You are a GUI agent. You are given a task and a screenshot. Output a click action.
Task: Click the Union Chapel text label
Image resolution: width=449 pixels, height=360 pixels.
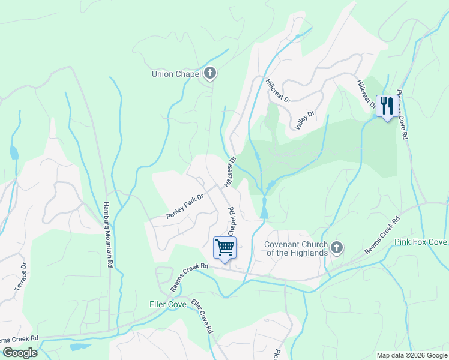pos(176,74)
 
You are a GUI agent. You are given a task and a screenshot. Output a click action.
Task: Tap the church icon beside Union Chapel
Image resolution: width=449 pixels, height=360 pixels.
pos(210,74)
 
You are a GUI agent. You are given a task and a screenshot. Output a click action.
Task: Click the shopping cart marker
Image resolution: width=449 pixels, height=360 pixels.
pos(224,247)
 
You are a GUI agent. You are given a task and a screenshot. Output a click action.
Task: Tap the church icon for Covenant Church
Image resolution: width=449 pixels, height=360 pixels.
pos(337,247)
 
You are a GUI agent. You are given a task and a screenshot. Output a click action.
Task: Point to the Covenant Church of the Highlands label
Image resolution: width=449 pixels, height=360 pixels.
pos(296,248)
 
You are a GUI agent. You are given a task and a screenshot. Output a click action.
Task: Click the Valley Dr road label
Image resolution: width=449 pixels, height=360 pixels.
pos(306,120)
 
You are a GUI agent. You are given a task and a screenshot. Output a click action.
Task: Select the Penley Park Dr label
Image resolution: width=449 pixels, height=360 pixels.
pos(185,206)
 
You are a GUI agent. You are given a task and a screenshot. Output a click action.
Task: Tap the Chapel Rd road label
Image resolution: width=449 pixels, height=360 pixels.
pos(231,223)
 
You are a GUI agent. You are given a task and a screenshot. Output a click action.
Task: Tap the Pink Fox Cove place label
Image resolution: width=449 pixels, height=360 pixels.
pos(421,242)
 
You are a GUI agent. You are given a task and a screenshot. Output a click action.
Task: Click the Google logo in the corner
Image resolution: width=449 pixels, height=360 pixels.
pos(20,353)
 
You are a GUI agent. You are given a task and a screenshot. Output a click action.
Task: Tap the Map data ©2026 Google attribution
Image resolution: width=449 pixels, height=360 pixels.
pos(412,355)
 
